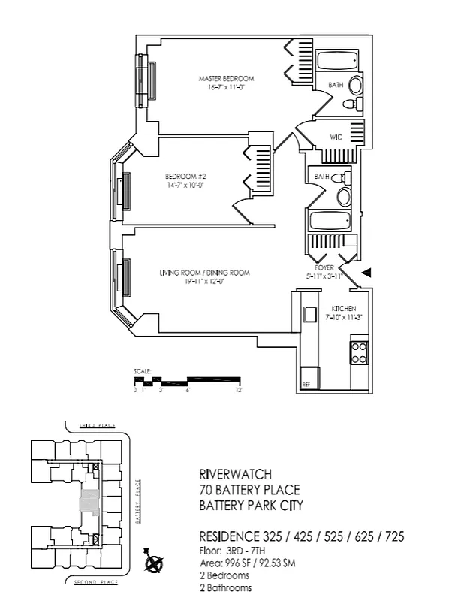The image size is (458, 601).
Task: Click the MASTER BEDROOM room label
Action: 226,79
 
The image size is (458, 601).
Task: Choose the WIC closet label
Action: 337,137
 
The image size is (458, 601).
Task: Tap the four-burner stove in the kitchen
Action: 359,352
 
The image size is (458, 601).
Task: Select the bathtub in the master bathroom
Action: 337,62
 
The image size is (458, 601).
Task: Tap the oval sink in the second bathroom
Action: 344,197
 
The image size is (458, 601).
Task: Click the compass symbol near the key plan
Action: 155,561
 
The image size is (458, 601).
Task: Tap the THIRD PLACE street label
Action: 98,426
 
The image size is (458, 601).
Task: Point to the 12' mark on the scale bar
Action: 238,391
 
